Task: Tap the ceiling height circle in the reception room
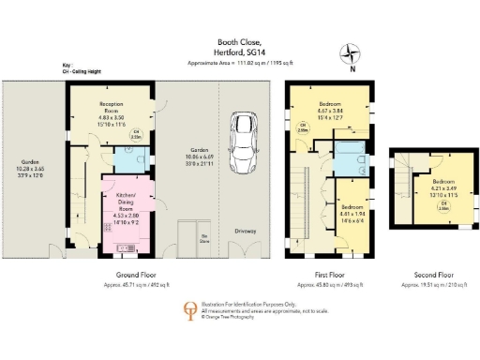tap(135, 134)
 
